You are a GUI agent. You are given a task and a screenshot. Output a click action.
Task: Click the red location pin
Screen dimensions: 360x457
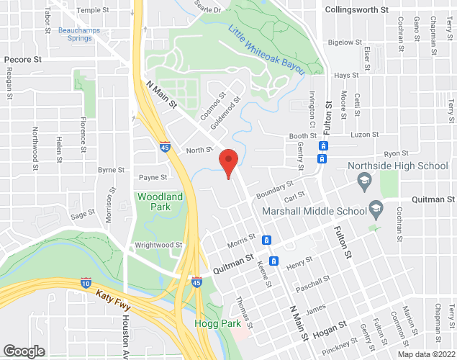[x=228, y=161]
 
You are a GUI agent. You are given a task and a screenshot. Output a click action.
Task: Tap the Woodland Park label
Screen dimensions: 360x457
[x=160, y=201]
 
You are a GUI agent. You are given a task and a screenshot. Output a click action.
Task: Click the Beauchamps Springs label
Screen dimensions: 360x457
[x=76, y=34]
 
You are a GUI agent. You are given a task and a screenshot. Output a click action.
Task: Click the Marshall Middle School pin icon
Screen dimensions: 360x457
[x=375, y=210]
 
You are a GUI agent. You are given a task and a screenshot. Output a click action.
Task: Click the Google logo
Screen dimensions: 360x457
[x=23, y=351]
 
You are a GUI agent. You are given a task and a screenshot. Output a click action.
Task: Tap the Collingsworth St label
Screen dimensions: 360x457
[x=356, y=10]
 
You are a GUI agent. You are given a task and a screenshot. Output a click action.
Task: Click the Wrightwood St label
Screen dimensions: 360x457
[x=158, y=245]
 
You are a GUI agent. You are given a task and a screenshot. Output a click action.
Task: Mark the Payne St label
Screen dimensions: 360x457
[x=153, y=177]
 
